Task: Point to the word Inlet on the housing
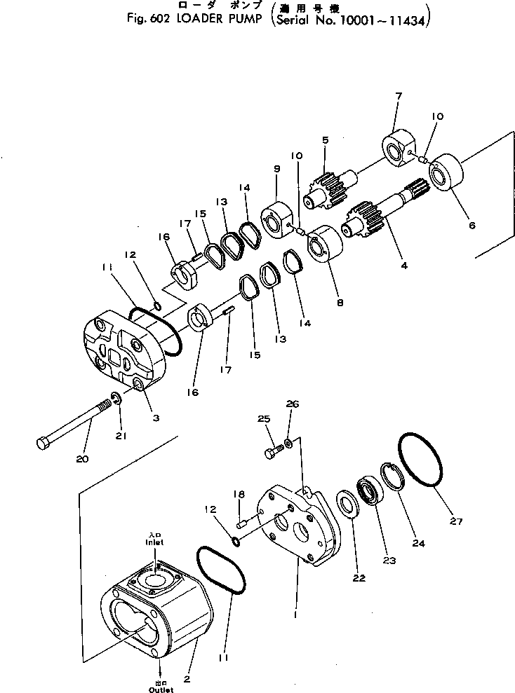(x=154, y=542)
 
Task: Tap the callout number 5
(x=325, y=140)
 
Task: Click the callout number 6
(x=471, y=226)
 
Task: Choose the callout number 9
(x=277, y=168)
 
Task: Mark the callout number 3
(x=156, y=418)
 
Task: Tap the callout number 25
(x=263, y=419)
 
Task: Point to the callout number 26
(x=293, y=404)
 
